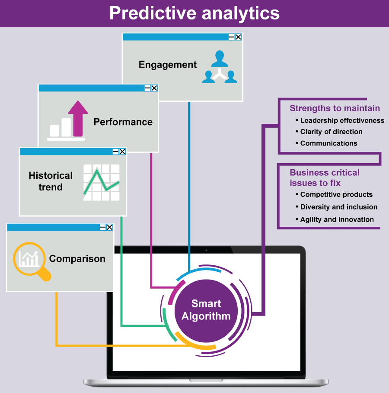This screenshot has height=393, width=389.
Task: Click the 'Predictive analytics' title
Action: tap(194, 13)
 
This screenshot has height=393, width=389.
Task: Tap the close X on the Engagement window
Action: tap(238, 37)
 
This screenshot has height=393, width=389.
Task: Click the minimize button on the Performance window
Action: tap(147, 88)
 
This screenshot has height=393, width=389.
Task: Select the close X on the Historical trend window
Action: tap(122, 151)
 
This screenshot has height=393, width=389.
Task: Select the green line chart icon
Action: tap(101, 182)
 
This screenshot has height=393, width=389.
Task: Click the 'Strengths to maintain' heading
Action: tap(335, 108)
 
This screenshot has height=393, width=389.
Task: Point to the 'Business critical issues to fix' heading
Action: tap(324, 177)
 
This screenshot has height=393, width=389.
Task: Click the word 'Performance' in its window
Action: tap(123, 122)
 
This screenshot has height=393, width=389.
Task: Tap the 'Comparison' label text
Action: tap(77, 259)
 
